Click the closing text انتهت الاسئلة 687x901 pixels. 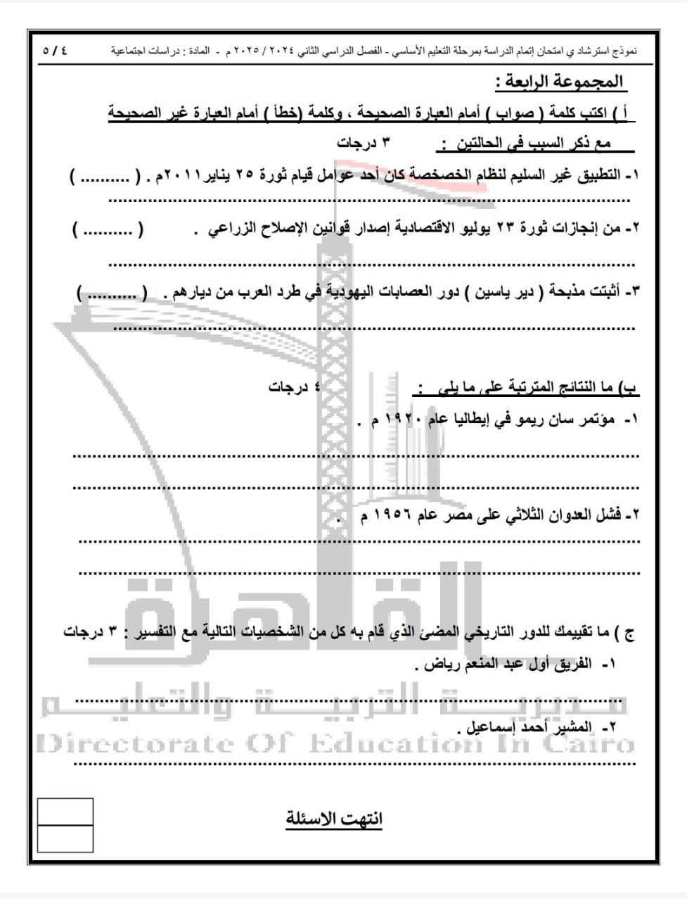(x=335, y=819)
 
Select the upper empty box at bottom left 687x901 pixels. (x=65, y=812)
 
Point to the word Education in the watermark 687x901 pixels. (x=394, y=743)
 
